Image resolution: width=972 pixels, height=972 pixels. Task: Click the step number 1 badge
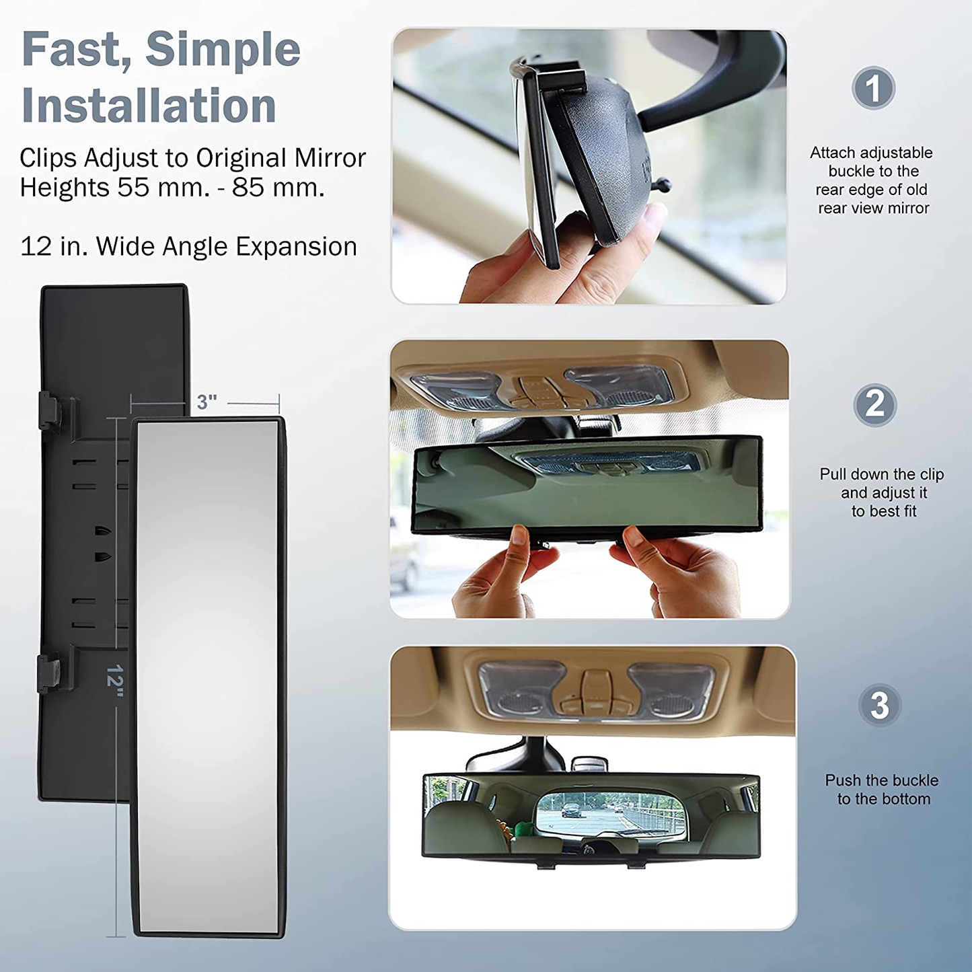873,87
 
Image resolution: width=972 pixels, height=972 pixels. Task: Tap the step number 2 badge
874,404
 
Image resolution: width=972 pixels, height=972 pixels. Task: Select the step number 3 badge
879,705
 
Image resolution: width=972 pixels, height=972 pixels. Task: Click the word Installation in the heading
149,105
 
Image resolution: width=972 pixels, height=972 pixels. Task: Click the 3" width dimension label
207,402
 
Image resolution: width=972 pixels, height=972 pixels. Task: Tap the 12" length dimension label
116,681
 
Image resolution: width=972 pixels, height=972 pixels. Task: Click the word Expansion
296,247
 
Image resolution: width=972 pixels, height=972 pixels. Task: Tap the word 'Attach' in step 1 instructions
832,152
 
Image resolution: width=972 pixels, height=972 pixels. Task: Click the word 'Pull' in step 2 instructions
832,474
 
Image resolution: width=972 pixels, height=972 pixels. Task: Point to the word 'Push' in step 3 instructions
842,780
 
